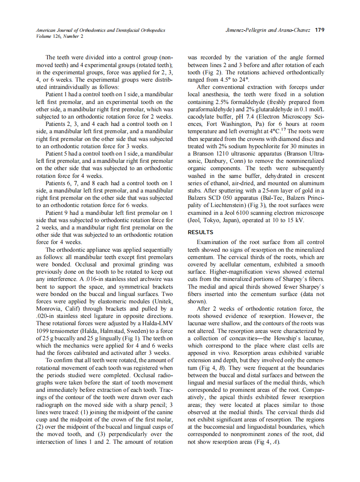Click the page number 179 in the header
click(x=319, y=31)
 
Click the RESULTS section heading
click(x=200, y=232)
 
